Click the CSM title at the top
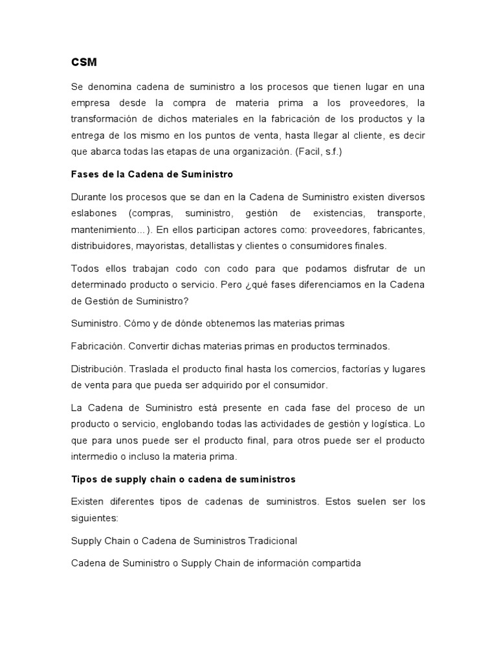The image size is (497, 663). click(x=83, y=63)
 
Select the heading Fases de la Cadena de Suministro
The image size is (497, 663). click(x=151, y=175)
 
